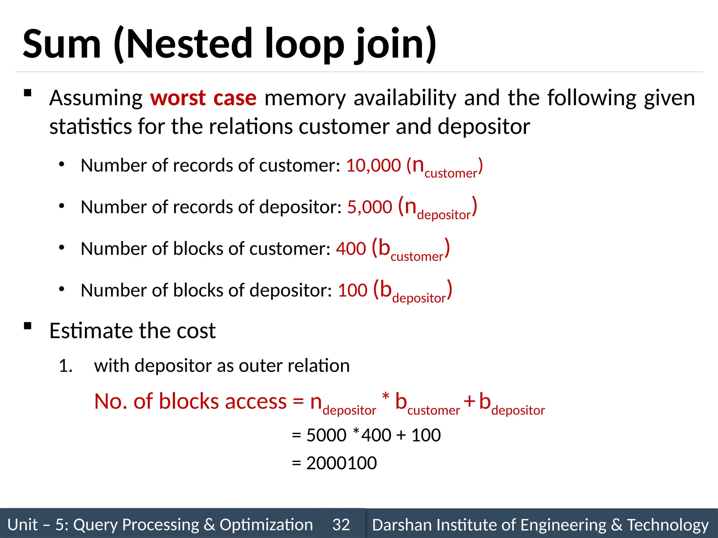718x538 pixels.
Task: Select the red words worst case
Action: [203, 98]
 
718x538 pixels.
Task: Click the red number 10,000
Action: [373, 165]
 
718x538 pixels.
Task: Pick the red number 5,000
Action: [370, 207]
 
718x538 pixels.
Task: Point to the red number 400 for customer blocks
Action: [351, 249]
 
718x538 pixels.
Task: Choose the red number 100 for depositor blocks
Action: [353, 290]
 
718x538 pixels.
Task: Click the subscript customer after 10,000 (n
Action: [451, 173]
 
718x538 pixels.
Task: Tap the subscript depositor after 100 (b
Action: [419, 298]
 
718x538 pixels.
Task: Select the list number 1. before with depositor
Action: [66, 366]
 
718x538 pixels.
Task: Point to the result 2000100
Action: [341, 463]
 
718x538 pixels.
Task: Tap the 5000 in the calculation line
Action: [326, 435]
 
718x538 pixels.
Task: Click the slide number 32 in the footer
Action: [341, 525]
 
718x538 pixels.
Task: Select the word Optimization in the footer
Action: [266, 525]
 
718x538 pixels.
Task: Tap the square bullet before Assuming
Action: [28, 93]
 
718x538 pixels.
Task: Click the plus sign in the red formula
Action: [469, 401]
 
